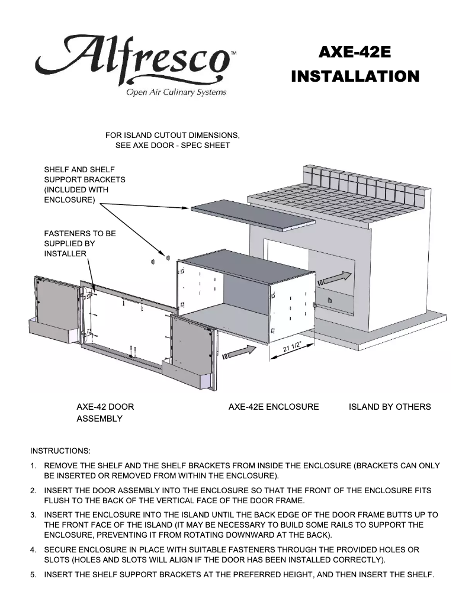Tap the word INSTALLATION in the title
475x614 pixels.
tap(355, 76)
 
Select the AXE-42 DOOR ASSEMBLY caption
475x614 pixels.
tap(105, 413)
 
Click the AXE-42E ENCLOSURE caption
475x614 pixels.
tap(274, 407)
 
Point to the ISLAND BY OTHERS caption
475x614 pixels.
tap(390, 407)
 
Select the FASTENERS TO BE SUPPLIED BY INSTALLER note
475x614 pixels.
tap(80, 243)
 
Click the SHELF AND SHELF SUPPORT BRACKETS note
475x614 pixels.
tap(85, 185)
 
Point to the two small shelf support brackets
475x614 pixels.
tap(159, 259)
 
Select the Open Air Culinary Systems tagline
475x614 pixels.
tap(175, 92)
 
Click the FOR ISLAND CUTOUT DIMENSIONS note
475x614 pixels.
tap(172, 140)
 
